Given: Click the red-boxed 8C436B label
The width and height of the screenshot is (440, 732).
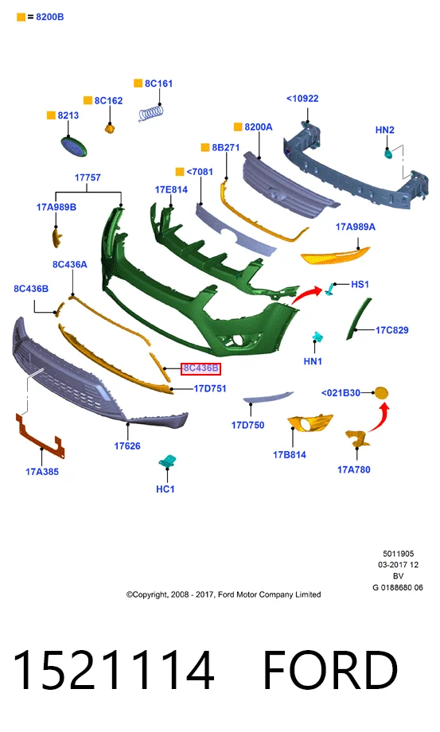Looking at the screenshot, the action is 201,368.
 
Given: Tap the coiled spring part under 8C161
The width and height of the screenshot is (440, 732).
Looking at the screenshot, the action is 151,114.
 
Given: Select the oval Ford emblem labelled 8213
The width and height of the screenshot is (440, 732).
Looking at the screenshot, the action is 74,146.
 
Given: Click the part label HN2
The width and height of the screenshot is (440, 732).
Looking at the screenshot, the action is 384,130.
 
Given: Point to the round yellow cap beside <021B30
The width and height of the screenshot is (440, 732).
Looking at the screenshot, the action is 382,393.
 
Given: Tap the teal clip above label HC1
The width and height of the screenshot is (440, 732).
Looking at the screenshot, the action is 167,461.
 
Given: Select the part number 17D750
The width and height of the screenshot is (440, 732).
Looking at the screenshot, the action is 247,426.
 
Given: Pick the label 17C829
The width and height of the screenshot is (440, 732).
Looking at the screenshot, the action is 392,330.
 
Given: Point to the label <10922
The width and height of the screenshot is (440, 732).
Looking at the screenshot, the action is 302,99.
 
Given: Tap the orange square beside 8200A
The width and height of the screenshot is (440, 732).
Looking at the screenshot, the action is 238,127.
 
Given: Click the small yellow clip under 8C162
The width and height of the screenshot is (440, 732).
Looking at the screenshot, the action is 110,128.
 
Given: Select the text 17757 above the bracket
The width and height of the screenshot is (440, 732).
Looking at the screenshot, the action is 88,178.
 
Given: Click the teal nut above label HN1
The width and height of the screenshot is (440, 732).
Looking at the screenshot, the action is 318,337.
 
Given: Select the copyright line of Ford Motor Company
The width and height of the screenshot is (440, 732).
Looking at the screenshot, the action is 224,595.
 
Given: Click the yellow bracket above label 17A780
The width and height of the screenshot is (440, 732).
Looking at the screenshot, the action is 357,439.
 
